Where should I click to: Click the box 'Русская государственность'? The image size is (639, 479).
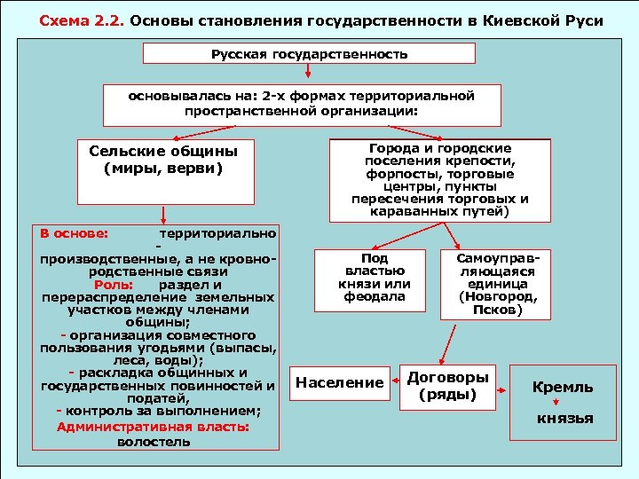[x=309, y=54]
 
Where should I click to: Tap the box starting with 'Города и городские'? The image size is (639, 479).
[x=439, y=180]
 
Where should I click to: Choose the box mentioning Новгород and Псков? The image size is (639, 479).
[x=491, y=283]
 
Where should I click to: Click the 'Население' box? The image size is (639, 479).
[x=339, y=383]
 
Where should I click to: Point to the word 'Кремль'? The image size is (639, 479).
[x=562, y=388]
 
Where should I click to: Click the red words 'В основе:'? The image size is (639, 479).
[x=75, y=233]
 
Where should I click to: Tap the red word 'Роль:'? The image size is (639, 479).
[x=113, y=285]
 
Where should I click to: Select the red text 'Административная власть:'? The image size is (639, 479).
[x=153, y=427]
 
